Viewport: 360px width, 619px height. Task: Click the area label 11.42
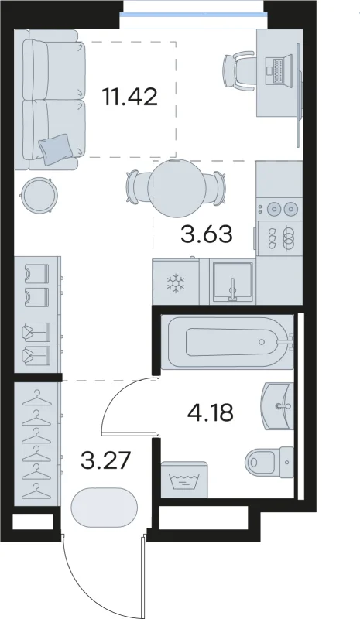[130, 97]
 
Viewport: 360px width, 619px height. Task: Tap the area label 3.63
[206, 234]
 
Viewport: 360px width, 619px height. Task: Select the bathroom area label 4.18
[211, 412]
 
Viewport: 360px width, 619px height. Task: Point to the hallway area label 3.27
[105, 460]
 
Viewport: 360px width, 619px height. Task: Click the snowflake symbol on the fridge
[175, 282]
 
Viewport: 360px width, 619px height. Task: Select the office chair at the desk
[238, 70]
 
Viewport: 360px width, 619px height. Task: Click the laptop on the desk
[278, 70]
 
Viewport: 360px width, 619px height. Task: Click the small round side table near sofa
[39, 195]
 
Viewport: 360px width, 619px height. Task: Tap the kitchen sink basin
[232, 280]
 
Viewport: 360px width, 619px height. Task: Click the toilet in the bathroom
[269, 462]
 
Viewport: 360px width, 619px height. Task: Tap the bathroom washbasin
[277, 405]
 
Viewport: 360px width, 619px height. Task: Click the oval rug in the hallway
[105, 507]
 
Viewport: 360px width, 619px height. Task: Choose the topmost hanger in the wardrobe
[36, 398]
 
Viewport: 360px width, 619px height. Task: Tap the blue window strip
[194, 14]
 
